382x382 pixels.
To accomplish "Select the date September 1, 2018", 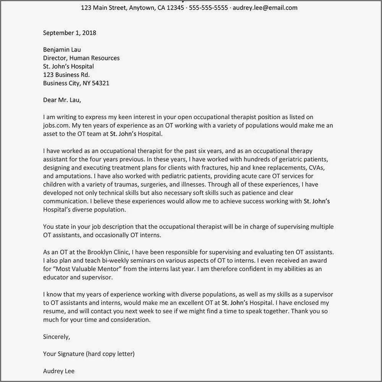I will tap(70, 33).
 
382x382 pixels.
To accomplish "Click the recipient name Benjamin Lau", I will tap(62, 50).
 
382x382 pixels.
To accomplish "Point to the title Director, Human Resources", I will tap(81, 58).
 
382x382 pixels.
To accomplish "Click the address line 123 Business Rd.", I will tap(66, 75).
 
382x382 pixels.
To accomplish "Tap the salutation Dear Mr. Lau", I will tap(62, 100).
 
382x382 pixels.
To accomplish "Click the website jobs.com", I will tap(57, 125).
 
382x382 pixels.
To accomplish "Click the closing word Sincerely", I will tap(57, 337).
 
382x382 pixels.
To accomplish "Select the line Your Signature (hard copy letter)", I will tap(89, 354).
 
